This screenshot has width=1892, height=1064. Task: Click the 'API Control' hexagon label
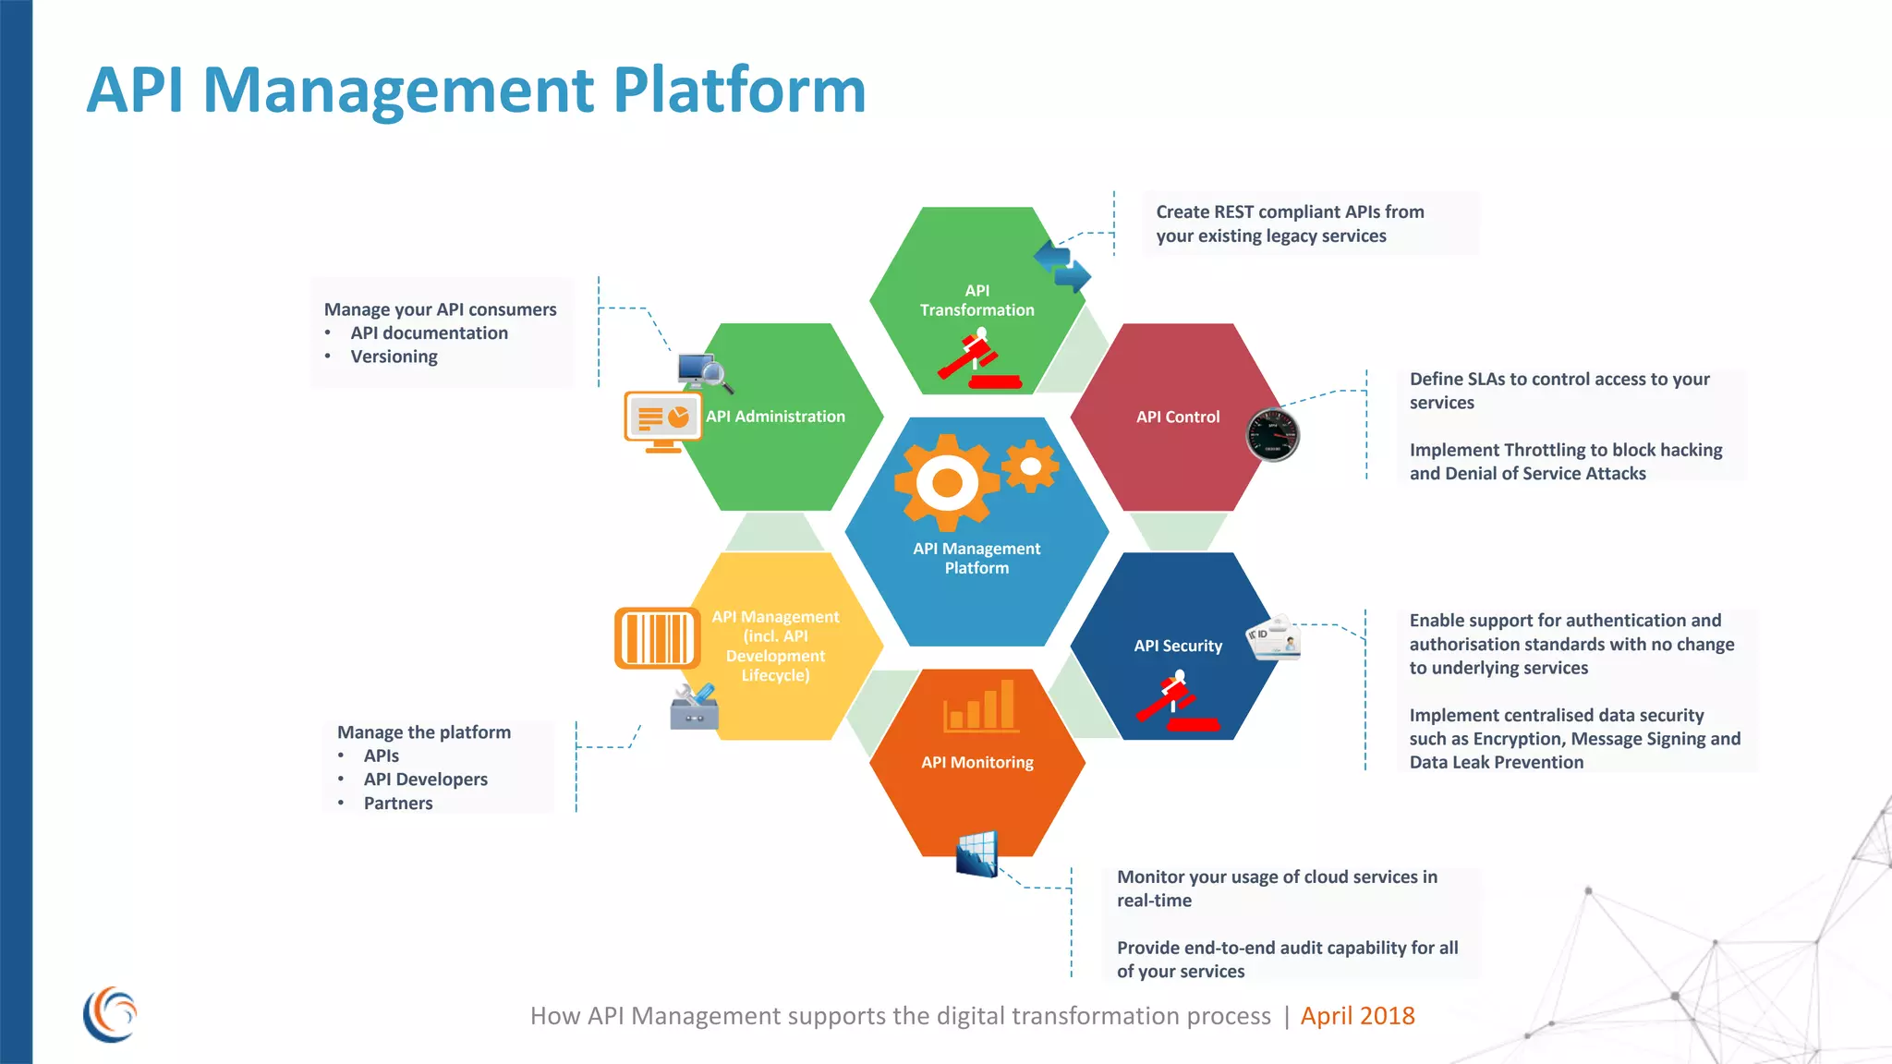click(x=1178, y=417)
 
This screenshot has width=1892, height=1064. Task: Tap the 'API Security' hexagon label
click(x=1178, y=646)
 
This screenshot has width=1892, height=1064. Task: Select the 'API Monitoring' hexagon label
click(x=977, y=762)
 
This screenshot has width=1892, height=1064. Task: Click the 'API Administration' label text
click(x=775, y=417)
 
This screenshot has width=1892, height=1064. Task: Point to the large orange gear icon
click(x=946, y=482)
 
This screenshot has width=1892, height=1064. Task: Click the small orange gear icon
click(x=1030, y=465)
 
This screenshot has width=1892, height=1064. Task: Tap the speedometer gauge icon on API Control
click(x=1273, y=434)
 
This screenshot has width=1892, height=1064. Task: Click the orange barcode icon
click(x=657, y=637)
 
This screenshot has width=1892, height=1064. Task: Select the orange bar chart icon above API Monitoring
click(x=981, y=707)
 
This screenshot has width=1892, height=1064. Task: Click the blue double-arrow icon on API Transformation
click(x=1062, y=266)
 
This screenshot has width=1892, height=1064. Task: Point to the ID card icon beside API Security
click(x=1275, y=637)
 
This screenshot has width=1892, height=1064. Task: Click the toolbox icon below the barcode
click(x=695, y=707)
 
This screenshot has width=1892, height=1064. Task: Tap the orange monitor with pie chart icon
click(x=662, y=421)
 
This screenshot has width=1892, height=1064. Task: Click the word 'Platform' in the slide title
click(x=739, y=91)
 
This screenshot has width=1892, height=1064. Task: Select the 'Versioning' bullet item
click(x=394, y=357)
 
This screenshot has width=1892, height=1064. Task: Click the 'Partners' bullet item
click(x=398, y=804)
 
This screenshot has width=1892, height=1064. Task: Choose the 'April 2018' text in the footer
click(x=1357, y=1016)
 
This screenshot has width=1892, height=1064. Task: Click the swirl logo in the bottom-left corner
click(x=110, y=1014)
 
